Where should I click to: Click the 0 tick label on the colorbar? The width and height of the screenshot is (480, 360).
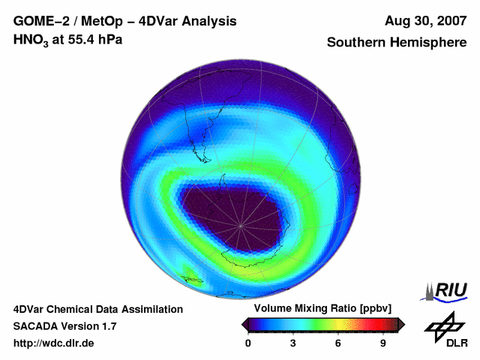(248, 343)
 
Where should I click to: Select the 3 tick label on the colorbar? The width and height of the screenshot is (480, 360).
(293, 343)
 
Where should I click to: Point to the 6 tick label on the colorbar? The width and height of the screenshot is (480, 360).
(338, 343)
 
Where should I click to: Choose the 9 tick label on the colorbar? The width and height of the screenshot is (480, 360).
(382, 343)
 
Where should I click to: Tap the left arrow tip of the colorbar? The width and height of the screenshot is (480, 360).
(242, 324)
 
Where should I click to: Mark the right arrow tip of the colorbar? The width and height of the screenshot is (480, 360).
(403, 324)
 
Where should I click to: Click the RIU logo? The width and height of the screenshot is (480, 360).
(445, 290)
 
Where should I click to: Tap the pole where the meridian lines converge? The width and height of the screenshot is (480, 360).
(241, 225)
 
